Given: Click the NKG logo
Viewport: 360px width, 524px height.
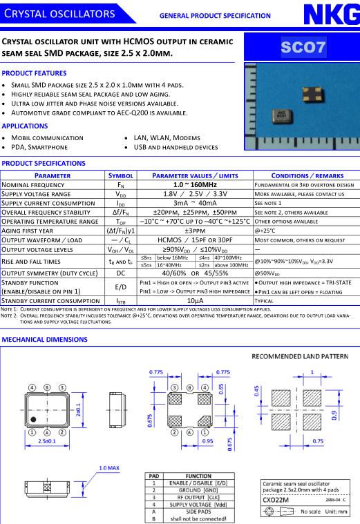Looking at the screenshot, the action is pos(332,14).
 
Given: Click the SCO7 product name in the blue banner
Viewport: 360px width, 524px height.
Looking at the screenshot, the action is pos(303,47).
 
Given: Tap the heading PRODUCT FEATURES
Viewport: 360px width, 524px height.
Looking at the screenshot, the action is pos(34,73).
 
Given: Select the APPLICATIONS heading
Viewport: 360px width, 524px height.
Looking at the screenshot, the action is pos(25,126).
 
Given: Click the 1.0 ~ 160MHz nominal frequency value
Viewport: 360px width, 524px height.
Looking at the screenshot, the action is pos(195,185).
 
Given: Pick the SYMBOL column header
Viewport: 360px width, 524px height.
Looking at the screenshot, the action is pos(121,176).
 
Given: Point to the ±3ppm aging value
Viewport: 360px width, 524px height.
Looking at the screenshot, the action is pos(195,231).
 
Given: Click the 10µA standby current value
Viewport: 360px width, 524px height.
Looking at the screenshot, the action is pos(195,301).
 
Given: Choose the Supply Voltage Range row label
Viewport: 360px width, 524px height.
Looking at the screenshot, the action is pos(36,194).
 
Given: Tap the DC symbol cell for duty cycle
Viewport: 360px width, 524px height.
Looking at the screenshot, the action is pos(121,273).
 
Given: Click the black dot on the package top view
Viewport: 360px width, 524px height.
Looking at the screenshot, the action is pos(33,419).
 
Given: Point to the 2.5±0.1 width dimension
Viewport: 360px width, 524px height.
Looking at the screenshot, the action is pos(47,441).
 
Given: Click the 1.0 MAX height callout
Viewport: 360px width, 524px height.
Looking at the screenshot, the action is pos(109,468).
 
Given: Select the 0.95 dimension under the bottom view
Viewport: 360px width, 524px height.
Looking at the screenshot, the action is pos(207,441).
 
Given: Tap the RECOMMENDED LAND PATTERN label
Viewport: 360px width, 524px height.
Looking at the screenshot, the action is pos(300,356).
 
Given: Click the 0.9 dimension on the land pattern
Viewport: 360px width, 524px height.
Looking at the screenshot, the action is pos(334,416).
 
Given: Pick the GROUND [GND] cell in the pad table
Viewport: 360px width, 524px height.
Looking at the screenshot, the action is pos(198,490).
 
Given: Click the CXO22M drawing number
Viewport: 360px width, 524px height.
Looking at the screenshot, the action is pos(276,500).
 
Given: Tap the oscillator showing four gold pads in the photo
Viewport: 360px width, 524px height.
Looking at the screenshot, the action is pos(312,94).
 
